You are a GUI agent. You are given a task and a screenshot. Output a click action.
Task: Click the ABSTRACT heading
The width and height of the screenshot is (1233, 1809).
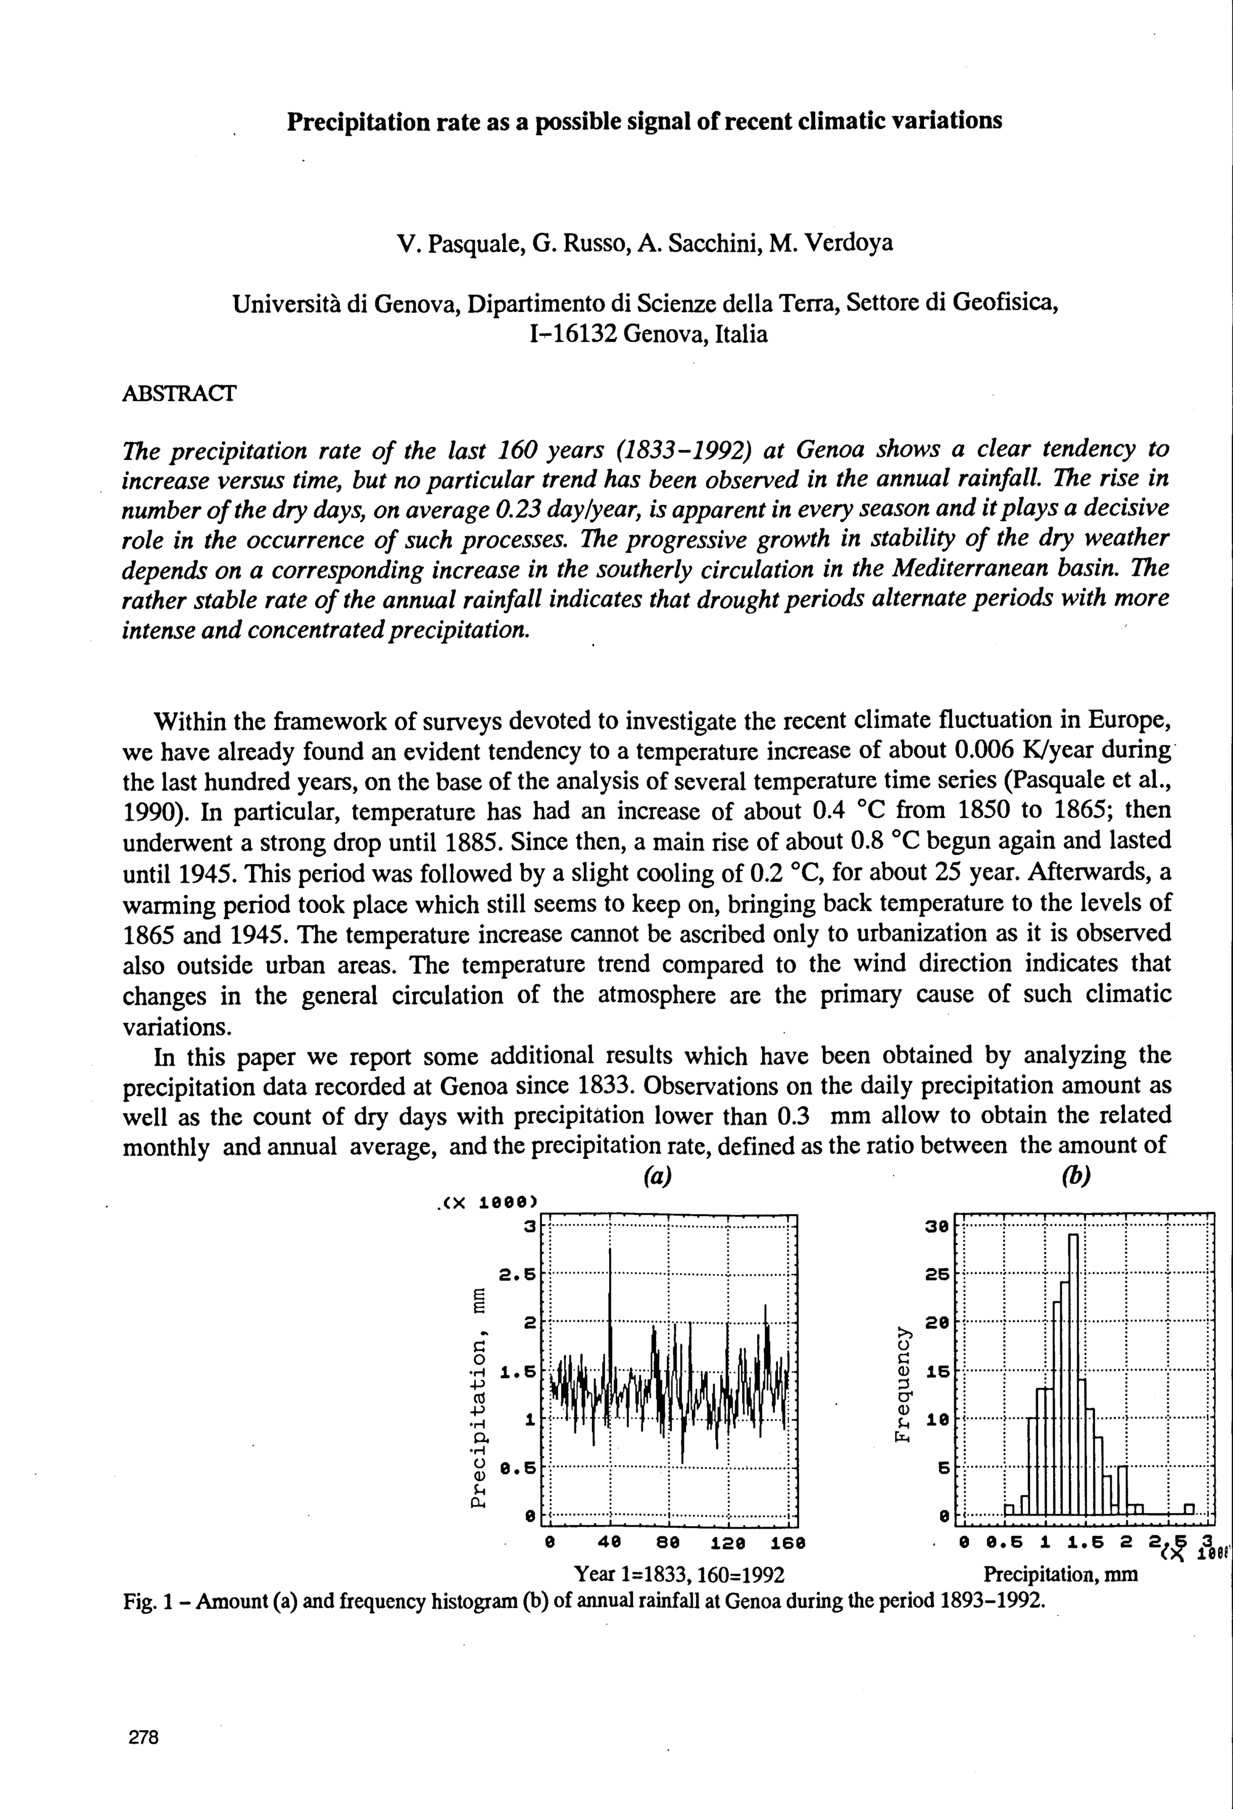coord(179,393)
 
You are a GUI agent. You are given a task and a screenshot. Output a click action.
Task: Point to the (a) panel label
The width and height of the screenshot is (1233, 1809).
coord(658,1177)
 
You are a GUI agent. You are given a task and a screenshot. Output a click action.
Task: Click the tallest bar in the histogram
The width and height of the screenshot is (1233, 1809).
coord(1073,1370)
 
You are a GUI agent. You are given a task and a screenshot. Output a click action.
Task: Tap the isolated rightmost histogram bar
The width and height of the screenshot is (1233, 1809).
coord(1189,1509)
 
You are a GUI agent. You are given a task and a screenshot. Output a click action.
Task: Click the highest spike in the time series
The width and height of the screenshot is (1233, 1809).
coord(610,1276)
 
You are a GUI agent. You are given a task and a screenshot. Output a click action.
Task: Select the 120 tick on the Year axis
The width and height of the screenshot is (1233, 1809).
coord(729,1542)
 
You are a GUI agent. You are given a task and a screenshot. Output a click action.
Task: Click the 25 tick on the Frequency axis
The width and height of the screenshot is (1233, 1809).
coord(936,1275)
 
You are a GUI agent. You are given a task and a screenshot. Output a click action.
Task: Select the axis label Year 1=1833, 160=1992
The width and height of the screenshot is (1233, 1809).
coord(678,1575)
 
